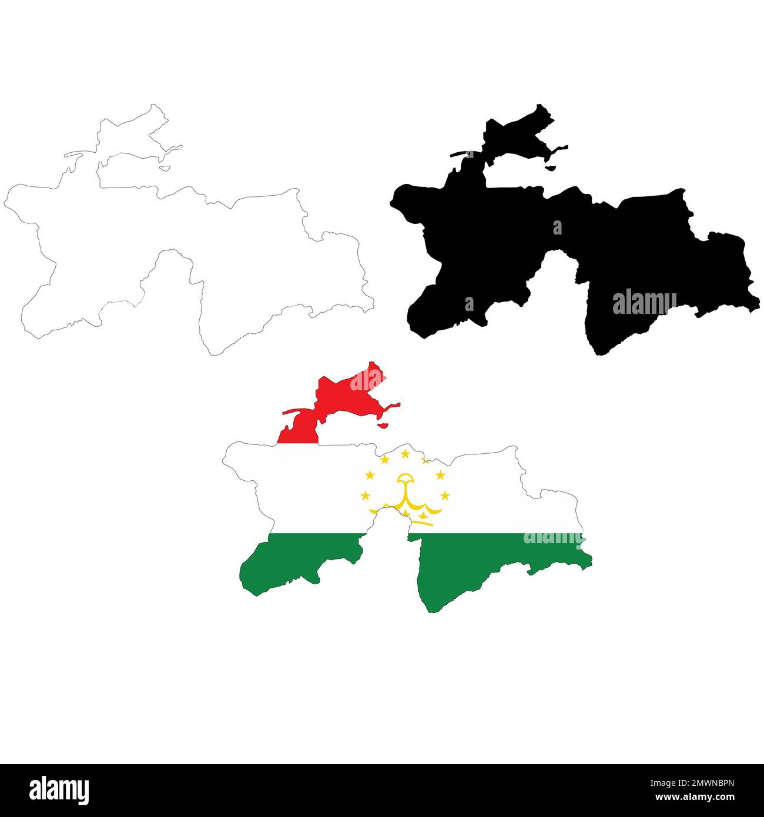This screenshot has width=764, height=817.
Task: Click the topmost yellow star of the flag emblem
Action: coord(405,453)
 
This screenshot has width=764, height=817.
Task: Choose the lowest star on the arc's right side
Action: coord(445,495)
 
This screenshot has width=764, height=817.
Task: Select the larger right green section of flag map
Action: coord(470,564)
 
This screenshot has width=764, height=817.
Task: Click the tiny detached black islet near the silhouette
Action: coord(551,168)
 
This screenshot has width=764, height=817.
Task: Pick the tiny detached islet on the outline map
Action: coord(165,168)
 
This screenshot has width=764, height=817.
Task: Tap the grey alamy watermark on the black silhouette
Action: coord(644,303)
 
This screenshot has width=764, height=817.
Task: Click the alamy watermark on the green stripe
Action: coord(552,537)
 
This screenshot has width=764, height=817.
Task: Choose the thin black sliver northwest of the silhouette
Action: coord(462,154)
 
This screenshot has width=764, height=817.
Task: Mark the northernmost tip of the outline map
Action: coord(154,105)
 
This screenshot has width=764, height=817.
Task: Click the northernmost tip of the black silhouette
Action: coord(540,106)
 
